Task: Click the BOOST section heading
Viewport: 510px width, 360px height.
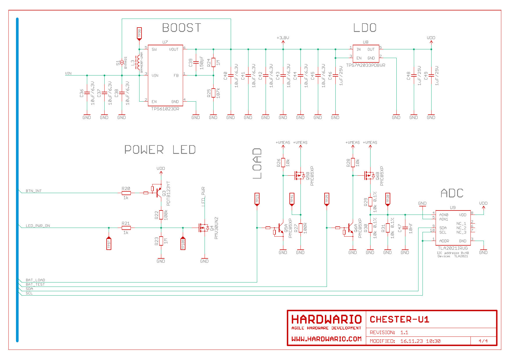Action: coord(182,28)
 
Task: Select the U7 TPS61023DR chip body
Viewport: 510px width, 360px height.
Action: coord(165,75)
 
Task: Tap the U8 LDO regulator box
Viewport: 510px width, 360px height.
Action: coord(366,53)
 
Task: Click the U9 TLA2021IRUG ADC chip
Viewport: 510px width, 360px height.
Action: coord(453,228)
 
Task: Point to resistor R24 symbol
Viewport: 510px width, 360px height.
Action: coord(213,62)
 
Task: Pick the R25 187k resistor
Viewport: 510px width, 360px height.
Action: coord(213,93)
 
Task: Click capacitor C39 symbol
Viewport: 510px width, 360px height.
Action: coord(196,62)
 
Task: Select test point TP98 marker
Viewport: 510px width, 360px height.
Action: coord(139,34)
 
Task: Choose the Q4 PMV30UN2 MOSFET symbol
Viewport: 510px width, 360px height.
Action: coord(203,228)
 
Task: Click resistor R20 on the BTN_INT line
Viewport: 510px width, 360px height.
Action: coord(126,193)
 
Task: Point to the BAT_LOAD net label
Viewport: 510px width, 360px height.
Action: coord(35,280)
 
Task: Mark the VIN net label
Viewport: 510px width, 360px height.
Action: coord(68,73)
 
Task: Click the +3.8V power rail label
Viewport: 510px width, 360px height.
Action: coord(283,38)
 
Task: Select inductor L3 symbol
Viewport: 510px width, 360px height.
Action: coord(137,62)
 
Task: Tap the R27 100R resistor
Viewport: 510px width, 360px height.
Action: coord(300,228)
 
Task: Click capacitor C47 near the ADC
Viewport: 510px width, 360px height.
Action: coord(405,228)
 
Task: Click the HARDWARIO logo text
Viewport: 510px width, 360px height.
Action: coord(326,319)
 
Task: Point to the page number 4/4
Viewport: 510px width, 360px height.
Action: coord(483,341)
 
